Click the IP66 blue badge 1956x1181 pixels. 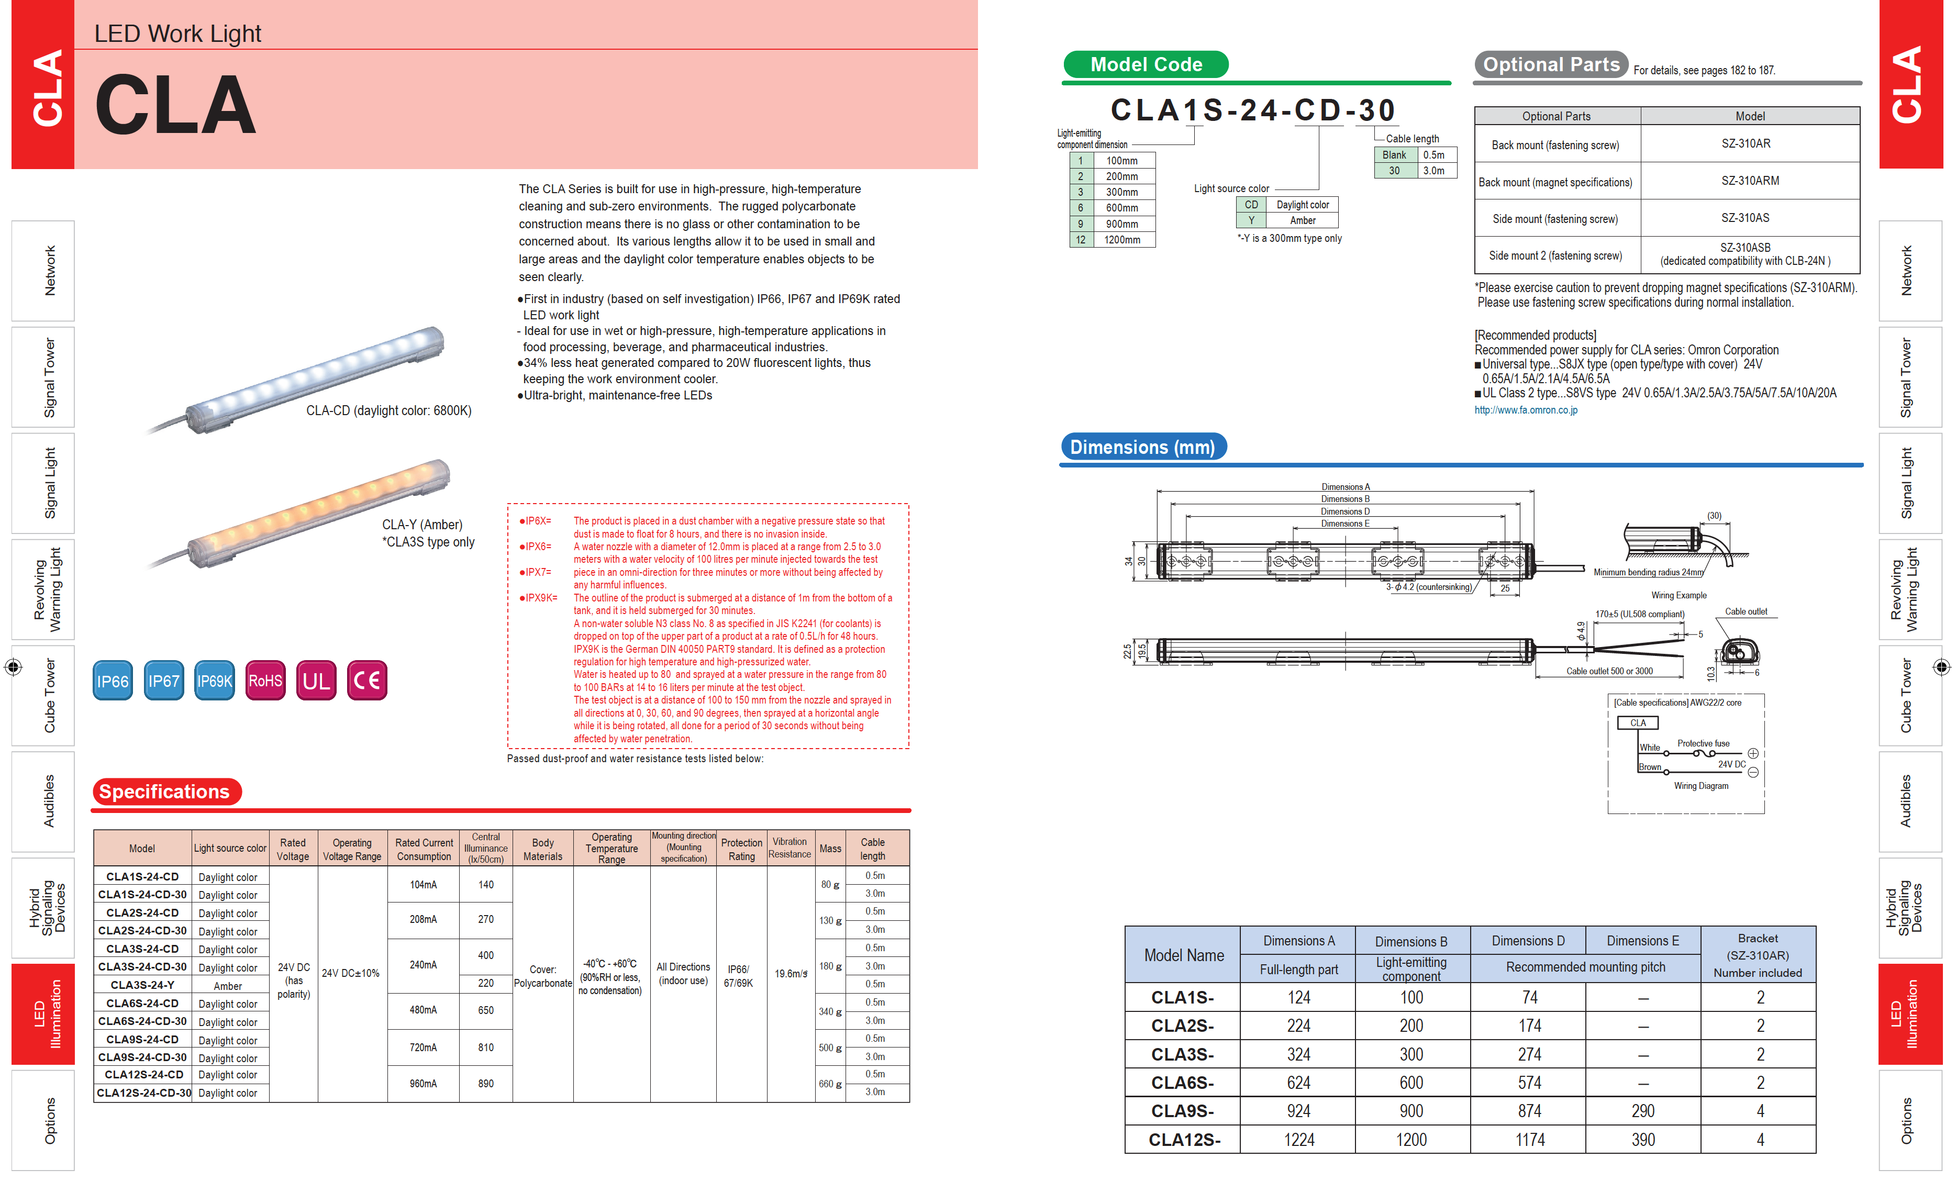pyautogui.click(x=113, y=680)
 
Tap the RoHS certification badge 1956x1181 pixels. pyautogui.click(x=265, y=680)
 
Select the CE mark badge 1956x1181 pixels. pyautogui.click(x=366, y=680)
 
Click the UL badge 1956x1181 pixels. pyautogui.click(x=316, y=680)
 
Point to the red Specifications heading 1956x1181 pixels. pyautogui.click(x=165, y=792)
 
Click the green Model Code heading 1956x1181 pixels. pyautogui.click(x=1146, y=64)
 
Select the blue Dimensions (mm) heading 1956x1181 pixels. pyautogui.click(x=1142, y=447)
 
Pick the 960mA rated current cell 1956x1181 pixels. pyautogui.click(x=423, y=1084)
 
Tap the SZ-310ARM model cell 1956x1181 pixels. pyautogui.click(x=1750, y=181)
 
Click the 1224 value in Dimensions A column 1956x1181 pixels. pyautogui.click(x=1299, y=1140)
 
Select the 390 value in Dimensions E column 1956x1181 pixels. pyautogui.click(x=1642, y=1140)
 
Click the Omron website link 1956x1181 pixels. pyautogui.click(x=1525, y=410)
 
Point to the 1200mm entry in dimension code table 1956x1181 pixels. pyautogui.click(x=1121, y=240)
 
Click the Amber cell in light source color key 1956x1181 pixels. pyautogui.click(x=1302, y=220)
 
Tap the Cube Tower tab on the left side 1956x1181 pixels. pyautogui.click(x=48, y=695)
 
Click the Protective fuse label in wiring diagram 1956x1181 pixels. pyautogui.click(x=1703, y=744)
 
